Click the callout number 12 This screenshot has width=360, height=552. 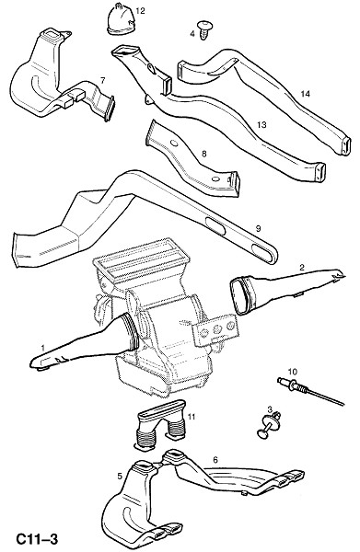pos(140,11)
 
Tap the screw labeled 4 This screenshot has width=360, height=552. pos(203,30)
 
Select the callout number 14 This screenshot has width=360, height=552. pos(305,94)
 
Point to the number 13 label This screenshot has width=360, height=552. pos(261,124)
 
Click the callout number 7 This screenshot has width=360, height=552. pos(102,80)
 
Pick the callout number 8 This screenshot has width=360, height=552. pos(204,154)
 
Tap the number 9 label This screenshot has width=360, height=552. pos(258,229)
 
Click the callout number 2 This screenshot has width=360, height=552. pos(301,267)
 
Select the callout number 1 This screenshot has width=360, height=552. pos(42,348)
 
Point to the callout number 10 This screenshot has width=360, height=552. pos(293,372)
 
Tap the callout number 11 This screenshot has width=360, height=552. pos(192,417)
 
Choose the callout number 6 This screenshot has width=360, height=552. pos(215,460)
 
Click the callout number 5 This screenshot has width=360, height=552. pos(120,476)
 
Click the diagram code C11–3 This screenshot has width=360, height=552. pos(37,538)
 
